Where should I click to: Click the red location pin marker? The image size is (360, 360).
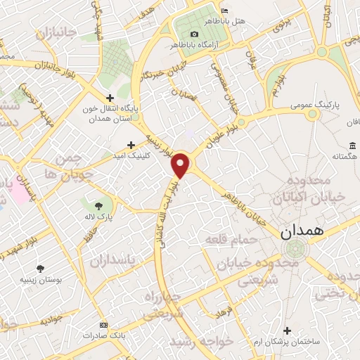click(181, 165)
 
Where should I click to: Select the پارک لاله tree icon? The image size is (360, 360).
click(90, 204)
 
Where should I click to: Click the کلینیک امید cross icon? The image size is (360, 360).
click(131, 144)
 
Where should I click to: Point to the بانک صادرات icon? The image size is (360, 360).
click(105, 326)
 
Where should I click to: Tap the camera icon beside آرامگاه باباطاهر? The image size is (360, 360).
click(194, 34)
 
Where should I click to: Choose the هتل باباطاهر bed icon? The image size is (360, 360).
click(224, 11)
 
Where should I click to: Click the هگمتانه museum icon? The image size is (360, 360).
click(352, 146)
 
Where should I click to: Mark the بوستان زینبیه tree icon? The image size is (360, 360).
click(40, 268)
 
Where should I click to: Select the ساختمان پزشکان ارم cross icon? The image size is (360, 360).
click(287, 330)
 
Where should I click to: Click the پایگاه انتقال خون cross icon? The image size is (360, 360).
click(109, 98)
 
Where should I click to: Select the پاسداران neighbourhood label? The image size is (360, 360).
click(117, 260)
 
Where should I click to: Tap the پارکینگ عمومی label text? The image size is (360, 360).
click(316, 105)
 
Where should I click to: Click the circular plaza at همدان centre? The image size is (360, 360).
click(295, 249)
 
